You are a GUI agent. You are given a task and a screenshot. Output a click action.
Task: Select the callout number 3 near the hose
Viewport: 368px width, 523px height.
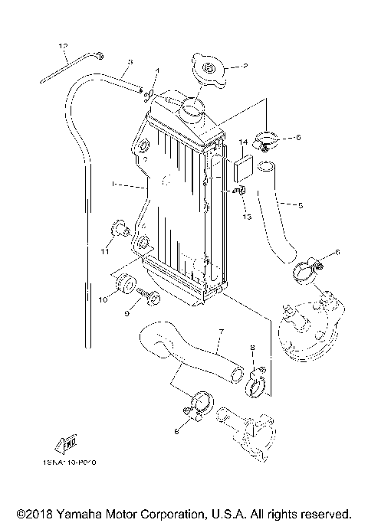pos(130,62)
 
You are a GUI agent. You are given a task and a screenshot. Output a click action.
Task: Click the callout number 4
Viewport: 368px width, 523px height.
pos(157,71)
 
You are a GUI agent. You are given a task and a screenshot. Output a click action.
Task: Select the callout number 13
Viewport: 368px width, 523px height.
pos(248,217)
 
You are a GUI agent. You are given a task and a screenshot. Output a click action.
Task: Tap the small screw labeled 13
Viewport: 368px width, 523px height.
pos(240,190)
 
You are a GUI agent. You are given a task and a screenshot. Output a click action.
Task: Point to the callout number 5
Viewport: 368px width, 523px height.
pos(300,204)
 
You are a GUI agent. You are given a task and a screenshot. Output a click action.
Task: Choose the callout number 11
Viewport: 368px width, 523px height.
pos(104,250)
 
